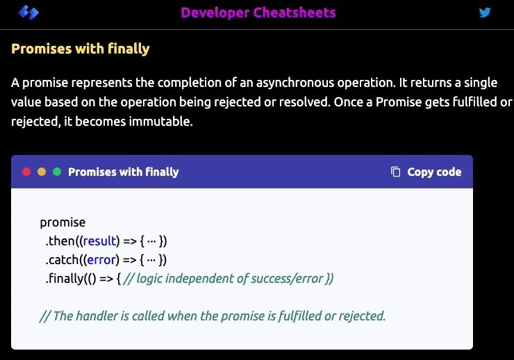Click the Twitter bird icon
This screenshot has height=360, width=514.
[485, 13]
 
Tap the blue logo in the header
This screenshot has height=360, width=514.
[28, 13]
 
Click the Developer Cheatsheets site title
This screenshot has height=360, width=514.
[258, 13]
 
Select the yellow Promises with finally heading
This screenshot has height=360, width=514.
[81, 49]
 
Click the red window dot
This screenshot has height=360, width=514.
[26, 172]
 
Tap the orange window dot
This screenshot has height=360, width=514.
[42, 172]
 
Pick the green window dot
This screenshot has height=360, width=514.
[57, 172]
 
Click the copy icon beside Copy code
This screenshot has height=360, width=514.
[396, 172]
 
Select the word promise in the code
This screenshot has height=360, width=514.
[63, 222]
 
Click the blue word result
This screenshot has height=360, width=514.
[100, 241]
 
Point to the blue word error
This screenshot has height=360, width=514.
[101, 260]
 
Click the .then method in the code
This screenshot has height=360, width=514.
[61, 241]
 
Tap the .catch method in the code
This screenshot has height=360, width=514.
[63, 260]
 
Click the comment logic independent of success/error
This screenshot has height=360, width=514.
[229, 279]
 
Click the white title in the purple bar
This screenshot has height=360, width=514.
[123, 172]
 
